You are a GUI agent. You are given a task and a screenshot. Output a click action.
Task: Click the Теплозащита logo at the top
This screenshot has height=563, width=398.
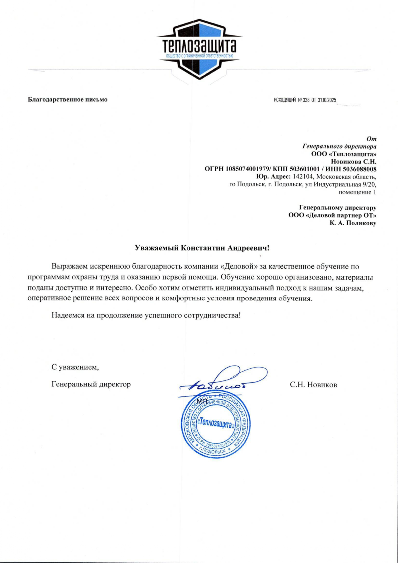(199, 49)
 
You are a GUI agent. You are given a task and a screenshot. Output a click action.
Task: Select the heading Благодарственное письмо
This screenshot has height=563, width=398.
(68, 99)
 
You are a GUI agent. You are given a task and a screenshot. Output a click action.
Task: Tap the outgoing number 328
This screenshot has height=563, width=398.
(306, 100)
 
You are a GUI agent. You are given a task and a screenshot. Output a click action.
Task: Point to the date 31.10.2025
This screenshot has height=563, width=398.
(327, 100)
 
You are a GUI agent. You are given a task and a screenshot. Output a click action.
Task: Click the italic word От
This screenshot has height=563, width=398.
(371, 138)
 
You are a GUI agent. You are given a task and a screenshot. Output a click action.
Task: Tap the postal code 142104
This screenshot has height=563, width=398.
(303, 177)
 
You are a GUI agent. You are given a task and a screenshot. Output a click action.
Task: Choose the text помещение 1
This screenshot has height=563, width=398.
(357, 192)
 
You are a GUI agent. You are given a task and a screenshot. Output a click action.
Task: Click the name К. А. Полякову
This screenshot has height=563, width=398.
(353, 223)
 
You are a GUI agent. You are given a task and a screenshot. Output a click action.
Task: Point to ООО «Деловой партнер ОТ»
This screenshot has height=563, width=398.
(332, 215)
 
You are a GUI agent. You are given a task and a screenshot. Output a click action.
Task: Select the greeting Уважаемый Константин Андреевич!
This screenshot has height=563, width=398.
(202, 248)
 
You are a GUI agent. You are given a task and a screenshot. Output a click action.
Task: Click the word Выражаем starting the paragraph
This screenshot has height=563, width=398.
(69, 267)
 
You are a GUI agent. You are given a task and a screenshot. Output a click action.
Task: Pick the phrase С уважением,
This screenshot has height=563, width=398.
(75, 367)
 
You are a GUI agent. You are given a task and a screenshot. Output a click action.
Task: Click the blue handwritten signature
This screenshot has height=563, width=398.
(221, 381)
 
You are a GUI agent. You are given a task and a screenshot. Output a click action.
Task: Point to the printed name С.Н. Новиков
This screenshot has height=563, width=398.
(313, 384)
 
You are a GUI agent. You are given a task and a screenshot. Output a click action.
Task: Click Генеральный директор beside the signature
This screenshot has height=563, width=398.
(91, 384)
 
